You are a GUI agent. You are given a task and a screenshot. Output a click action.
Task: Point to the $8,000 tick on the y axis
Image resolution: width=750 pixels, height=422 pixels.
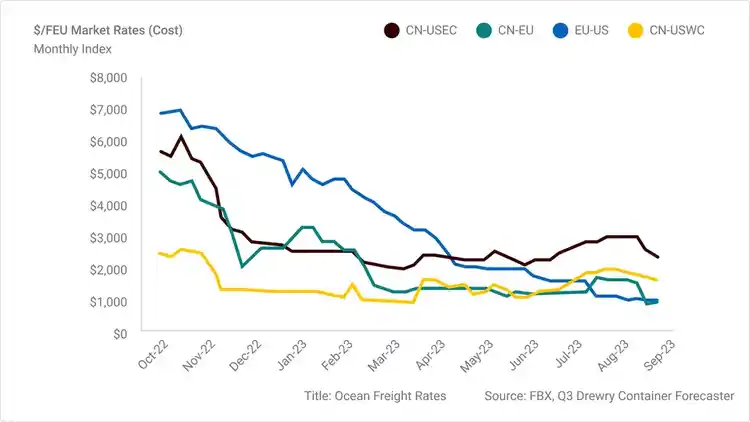(108, 77)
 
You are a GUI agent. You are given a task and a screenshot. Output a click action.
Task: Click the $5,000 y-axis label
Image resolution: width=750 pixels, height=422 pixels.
(108, 173)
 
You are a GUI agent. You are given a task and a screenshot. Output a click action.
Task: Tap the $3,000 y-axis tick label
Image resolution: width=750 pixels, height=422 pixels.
(108, 237)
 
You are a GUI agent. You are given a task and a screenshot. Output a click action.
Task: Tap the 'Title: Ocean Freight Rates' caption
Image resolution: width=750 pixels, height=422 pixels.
(375, 397)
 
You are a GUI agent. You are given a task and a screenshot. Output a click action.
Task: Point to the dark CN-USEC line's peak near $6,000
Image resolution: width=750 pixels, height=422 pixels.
(181, 136)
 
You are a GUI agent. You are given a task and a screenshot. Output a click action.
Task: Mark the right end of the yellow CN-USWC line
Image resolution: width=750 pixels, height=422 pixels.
(657, 280)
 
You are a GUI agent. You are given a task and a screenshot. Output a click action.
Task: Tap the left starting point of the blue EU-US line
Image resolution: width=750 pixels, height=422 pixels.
(160, 113)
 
